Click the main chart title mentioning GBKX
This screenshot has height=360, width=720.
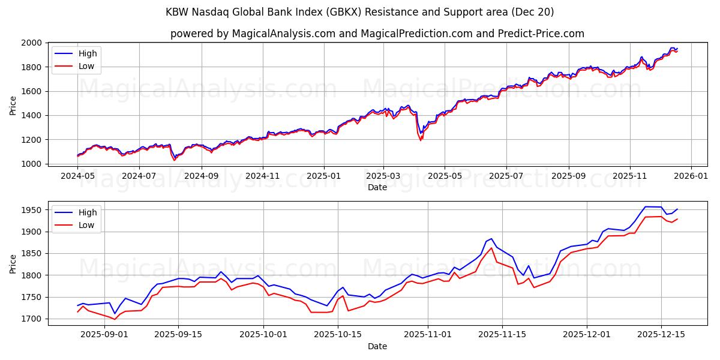(x=360, y=12)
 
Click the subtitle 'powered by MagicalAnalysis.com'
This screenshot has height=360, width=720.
(x=252, y=34)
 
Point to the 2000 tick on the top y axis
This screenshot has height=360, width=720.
(x=32, y=43)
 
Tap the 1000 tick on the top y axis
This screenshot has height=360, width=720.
(x=32, y=164)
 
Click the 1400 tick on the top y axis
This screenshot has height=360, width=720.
(x=32, y=115)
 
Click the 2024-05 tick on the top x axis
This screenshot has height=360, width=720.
(x=77, y=176)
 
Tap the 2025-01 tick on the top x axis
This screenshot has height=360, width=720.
(x=324, y=176)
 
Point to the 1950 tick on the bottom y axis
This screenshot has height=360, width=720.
(x=32, y=210)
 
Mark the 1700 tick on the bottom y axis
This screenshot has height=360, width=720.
(x=32, y=319)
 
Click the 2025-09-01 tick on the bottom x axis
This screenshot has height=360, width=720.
(x=104, y=334)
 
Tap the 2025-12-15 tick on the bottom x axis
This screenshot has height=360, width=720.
(x=661, y=334)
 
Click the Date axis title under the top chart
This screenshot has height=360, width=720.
(x=377, y=188)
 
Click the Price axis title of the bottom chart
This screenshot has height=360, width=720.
(x=13, y=263)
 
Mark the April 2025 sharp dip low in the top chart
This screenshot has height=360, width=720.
(x=421, y=140)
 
